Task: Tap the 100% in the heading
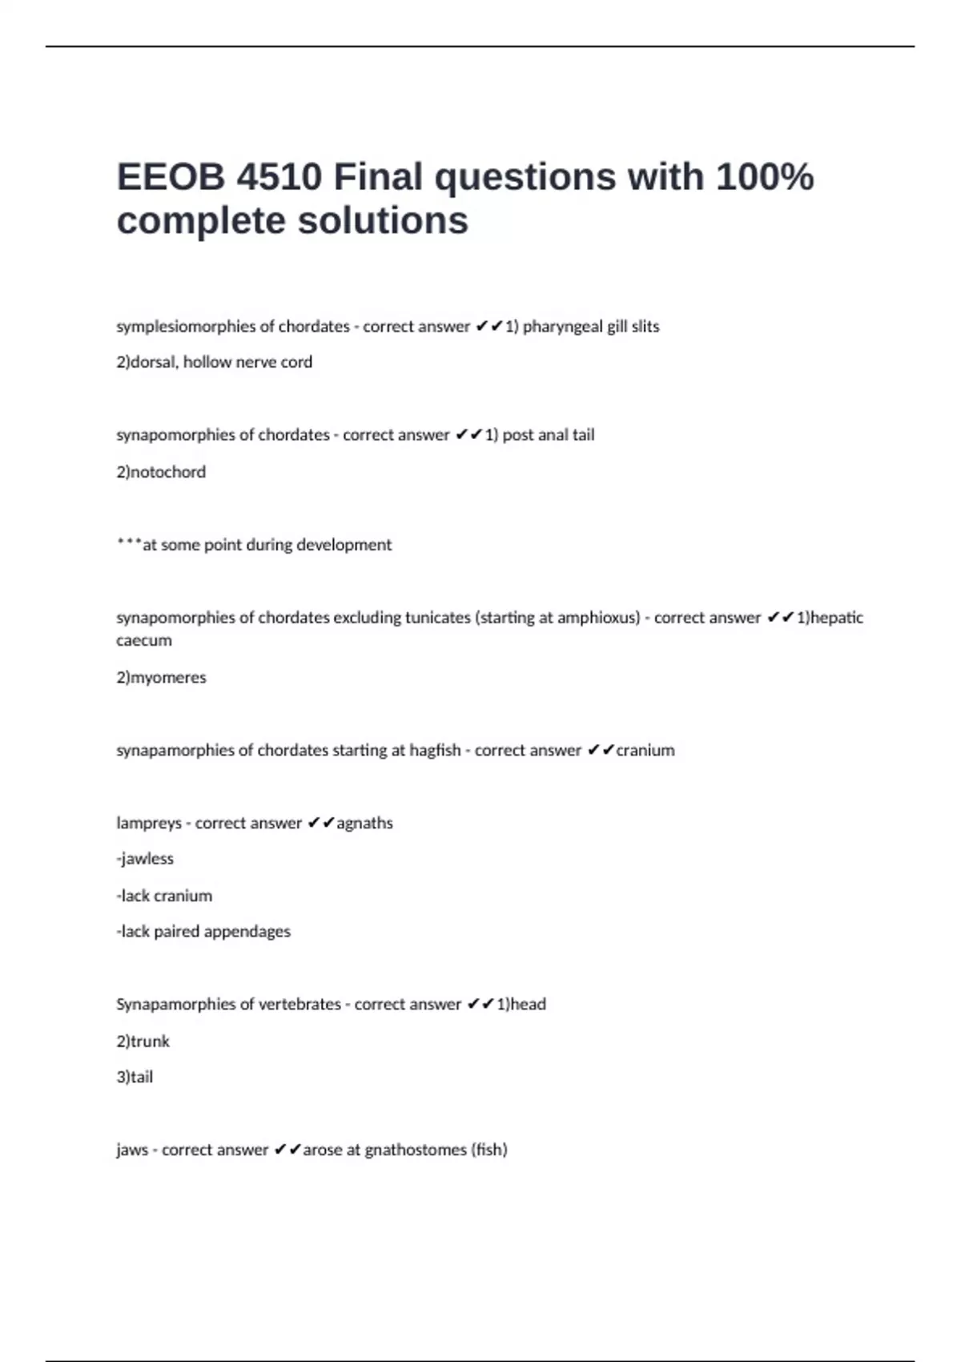tap(765, 177)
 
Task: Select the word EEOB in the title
tap(171, 177)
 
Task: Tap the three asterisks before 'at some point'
tap(128, 543)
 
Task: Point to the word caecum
tap(144, 641)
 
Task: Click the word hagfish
tap(435, 751)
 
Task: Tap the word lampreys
tap(149, 824)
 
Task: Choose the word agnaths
tap(365, 824)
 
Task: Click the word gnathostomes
tap(416, 1150)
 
